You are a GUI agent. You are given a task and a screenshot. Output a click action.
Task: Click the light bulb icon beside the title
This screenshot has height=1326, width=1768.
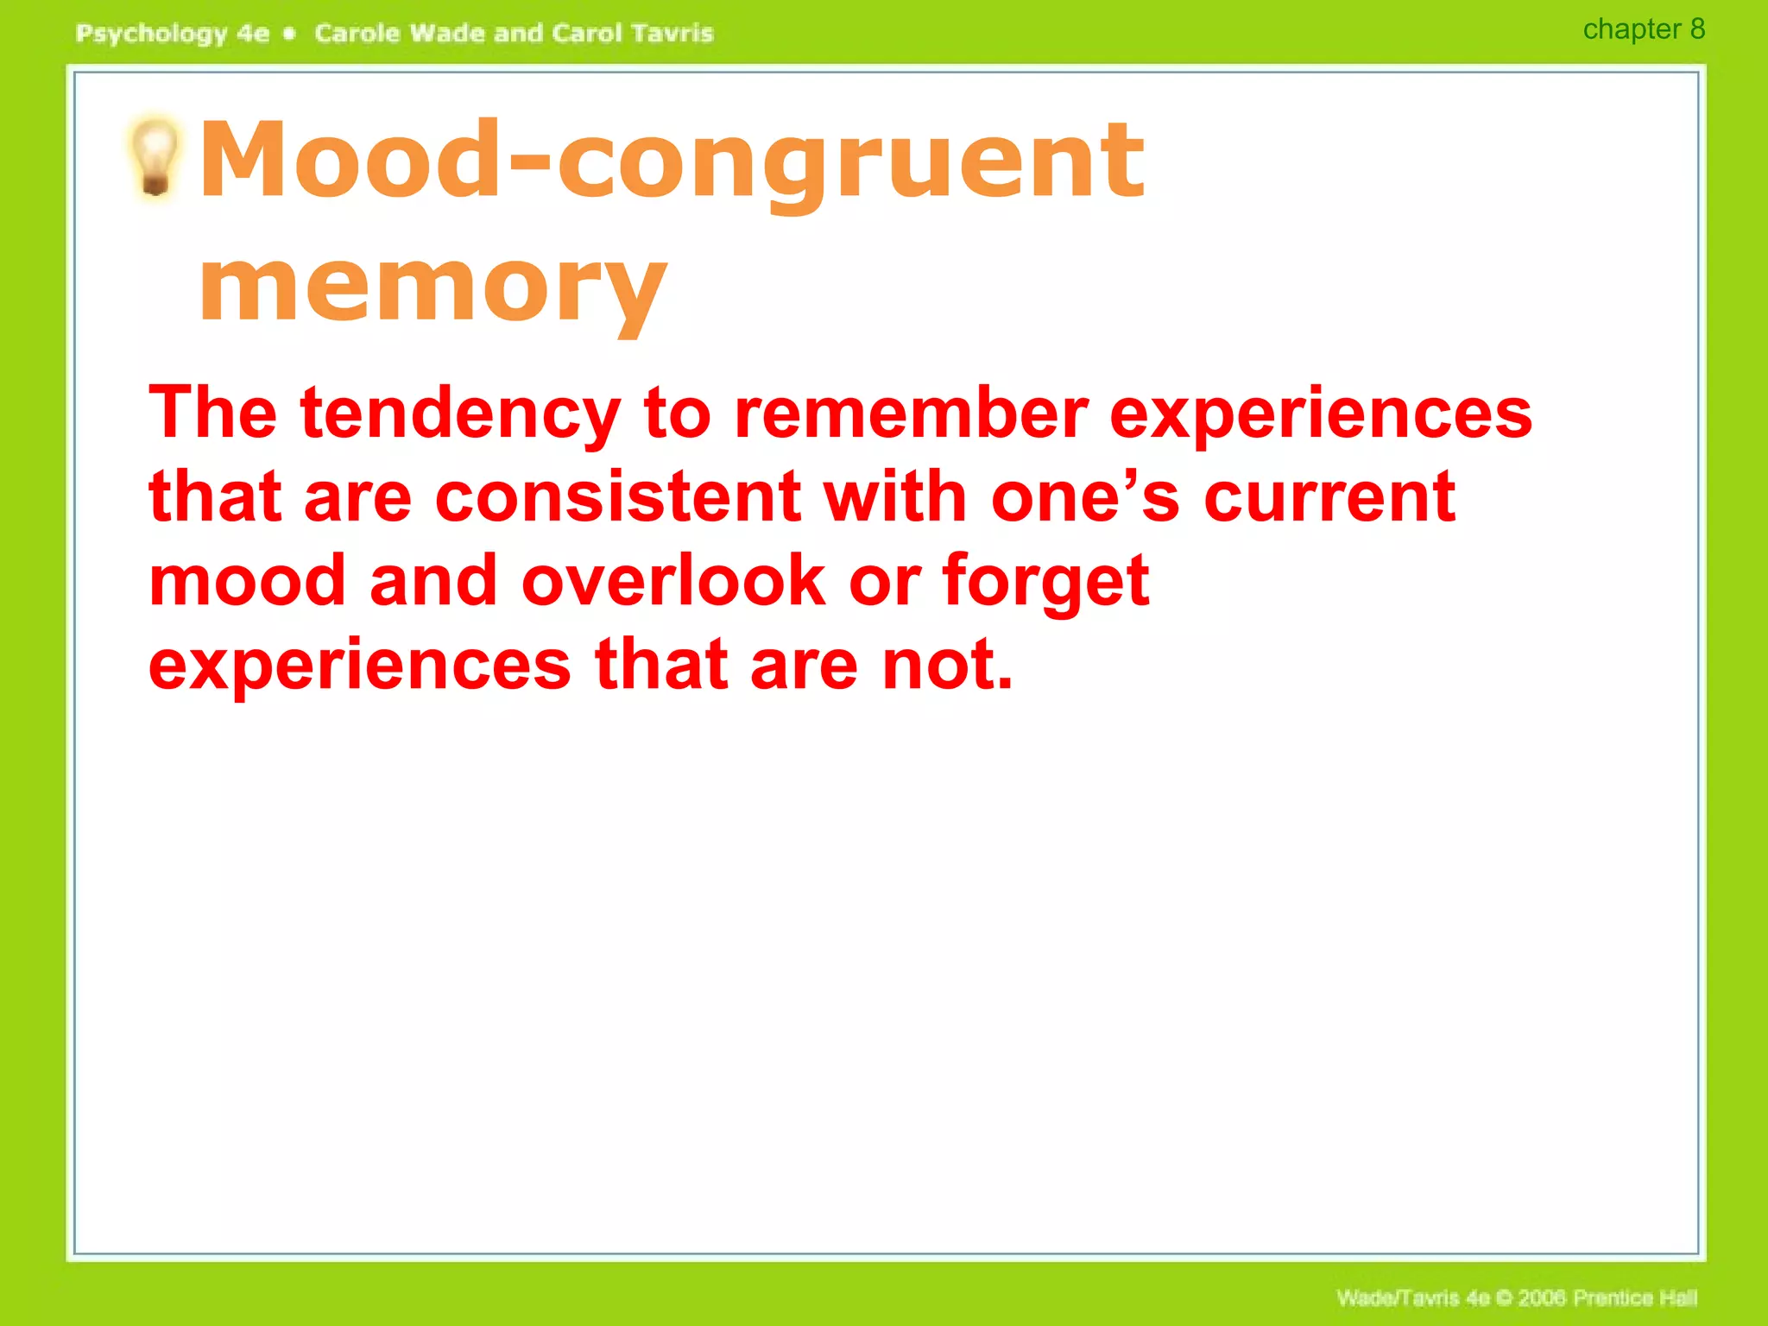155,157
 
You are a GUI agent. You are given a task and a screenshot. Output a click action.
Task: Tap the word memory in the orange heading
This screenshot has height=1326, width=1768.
433,287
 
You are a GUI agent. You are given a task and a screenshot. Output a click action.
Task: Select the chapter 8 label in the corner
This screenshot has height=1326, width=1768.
1643,29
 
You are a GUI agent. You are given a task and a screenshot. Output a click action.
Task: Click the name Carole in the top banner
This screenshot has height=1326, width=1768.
357,34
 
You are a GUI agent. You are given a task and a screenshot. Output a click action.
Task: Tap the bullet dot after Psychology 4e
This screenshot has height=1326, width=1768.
290,34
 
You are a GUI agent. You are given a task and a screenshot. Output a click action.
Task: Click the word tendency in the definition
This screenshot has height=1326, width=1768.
460,414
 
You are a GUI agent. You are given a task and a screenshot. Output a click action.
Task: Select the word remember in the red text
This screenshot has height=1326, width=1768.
911,414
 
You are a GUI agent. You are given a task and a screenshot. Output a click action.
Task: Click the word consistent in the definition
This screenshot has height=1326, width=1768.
618,498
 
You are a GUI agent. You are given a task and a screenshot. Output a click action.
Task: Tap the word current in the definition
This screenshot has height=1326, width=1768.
1329,498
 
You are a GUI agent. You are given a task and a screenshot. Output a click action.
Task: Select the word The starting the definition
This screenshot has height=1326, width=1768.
212,414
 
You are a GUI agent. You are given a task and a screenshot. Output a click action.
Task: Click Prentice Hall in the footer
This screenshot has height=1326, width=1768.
1634,1298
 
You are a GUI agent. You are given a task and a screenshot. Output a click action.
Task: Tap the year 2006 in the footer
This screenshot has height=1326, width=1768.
1542,1298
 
